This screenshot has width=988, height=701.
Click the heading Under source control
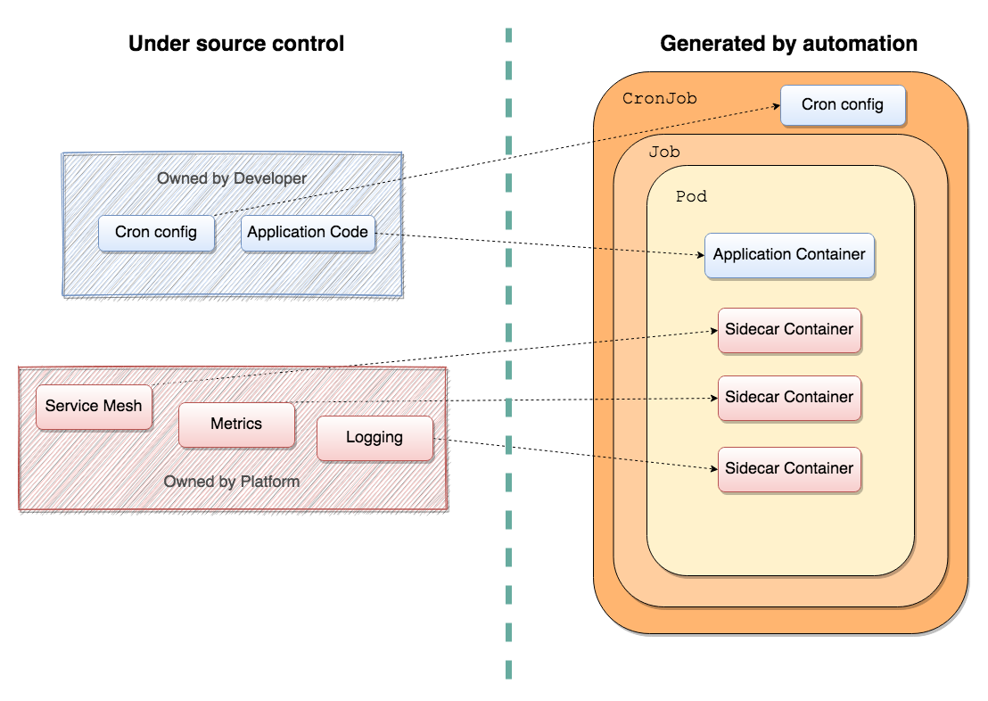click(236, 44)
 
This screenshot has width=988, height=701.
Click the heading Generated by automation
click(788, 44)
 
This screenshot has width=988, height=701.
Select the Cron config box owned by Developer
click(156, 234)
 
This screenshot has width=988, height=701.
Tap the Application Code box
click(308, 234)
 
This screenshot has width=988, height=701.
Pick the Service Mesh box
click(94, 408)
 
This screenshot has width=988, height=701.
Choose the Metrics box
click(236, 425)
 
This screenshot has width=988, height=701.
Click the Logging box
click(375, 438)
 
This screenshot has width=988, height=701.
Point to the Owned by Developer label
click(232, 178)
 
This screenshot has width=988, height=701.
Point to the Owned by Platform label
click(232, 482)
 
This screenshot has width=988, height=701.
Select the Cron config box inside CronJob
click(843, 105)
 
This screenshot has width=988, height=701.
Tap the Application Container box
click(789, 255)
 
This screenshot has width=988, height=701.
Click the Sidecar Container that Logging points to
click(789, 469)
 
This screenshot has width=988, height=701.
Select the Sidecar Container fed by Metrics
click(789, 398)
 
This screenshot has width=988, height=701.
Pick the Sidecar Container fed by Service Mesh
click(789, 330)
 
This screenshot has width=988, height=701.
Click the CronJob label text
click(660, 98)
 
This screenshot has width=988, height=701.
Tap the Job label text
click(664, 152)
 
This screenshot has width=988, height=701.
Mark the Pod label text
click(691, 197)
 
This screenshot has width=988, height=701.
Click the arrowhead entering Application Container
click(701, 255)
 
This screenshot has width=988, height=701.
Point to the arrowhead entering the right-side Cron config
click(777, 106)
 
